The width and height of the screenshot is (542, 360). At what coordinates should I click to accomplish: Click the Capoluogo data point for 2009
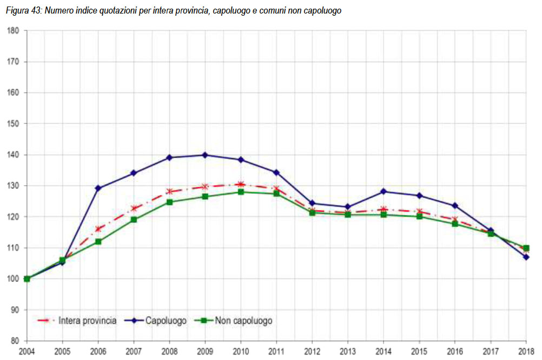point(205,155)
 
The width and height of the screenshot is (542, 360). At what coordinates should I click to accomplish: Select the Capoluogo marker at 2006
point(98,188)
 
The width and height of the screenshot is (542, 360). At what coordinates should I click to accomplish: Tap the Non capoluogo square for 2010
point(241,192)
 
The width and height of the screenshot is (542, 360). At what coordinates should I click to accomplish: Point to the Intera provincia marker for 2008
point(169,191)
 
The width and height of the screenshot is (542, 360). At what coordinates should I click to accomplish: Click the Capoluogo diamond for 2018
point(526,257)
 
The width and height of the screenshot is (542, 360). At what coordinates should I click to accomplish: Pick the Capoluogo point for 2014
point(384,191)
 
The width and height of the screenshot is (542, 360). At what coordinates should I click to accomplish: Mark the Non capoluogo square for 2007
point(134,220)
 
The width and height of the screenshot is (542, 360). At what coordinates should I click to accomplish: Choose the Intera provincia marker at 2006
point(98,228)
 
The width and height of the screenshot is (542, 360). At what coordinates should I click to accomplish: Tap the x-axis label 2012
point(312,351)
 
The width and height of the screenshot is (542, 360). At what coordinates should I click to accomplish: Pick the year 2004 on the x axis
point(27,351)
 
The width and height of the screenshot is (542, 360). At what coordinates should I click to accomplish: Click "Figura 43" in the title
point(21,11)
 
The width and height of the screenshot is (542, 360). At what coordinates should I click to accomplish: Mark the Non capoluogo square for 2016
point(455,224)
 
